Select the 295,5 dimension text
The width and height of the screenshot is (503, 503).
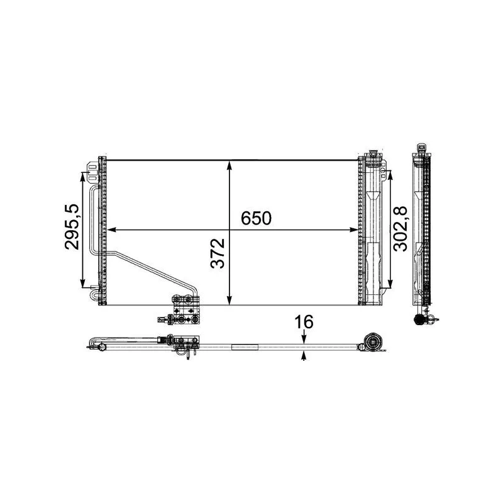coord(72,226)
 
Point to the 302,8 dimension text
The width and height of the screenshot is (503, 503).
coord(402,226)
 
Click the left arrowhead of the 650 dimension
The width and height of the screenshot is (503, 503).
coord(111,229)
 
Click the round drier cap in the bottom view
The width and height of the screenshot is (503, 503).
coord(373,343)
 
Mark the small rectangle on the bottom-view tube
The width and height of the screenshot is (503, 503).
coord(245,346)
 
